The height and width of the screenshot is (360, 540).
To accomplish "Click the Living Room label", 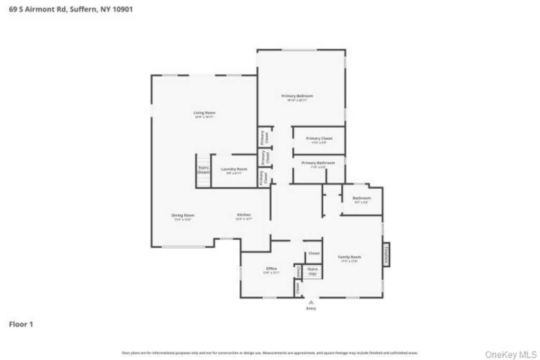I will [x=205, y=113].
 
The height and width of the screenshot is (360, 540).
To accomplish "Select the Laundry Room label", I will [x=234, y=169].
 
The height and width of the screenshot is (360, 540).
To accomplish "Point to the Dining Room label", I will [x=183, y=215].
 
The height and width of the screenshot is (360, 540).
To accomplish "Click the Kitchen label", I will [x=244, y=215].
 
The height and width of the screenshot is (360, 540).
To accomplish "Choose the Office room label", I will [x=271, y=269].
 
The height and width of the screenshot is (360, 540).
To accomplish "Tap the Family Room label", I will [x=350, y=257].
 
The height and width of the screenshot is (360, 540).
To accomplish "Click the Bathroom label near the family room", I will [x=362, y=198].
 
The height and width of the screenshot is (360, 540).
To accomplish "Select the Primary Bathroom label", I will [x=318, y=163].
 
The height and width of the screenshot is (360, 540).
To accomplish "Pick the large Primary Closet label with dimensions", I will [x=319, y=138].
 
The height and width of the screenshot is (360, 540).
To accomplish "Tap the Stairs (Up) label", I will [x=313, y=271].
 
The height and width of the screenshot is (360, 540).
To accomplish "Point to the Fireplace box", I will [x=386, y=256].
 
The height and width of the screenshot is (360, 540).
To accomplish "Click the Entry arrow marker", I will [x=311, y=302].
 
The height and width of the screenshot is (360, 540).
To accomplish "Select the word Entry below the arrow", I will [x=311, y=308].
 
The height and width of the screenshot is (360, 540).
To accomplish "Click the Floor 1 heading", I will [x=21, y=325].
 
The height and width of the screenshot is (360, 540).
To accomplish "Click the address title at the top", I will [x=71, y=9].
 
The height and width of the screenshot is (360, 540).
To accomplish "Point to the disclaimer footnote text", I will [x=270, y=353].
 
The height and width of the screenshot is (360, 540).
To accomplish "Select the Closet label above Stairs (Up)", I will [x=314, y=254].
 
